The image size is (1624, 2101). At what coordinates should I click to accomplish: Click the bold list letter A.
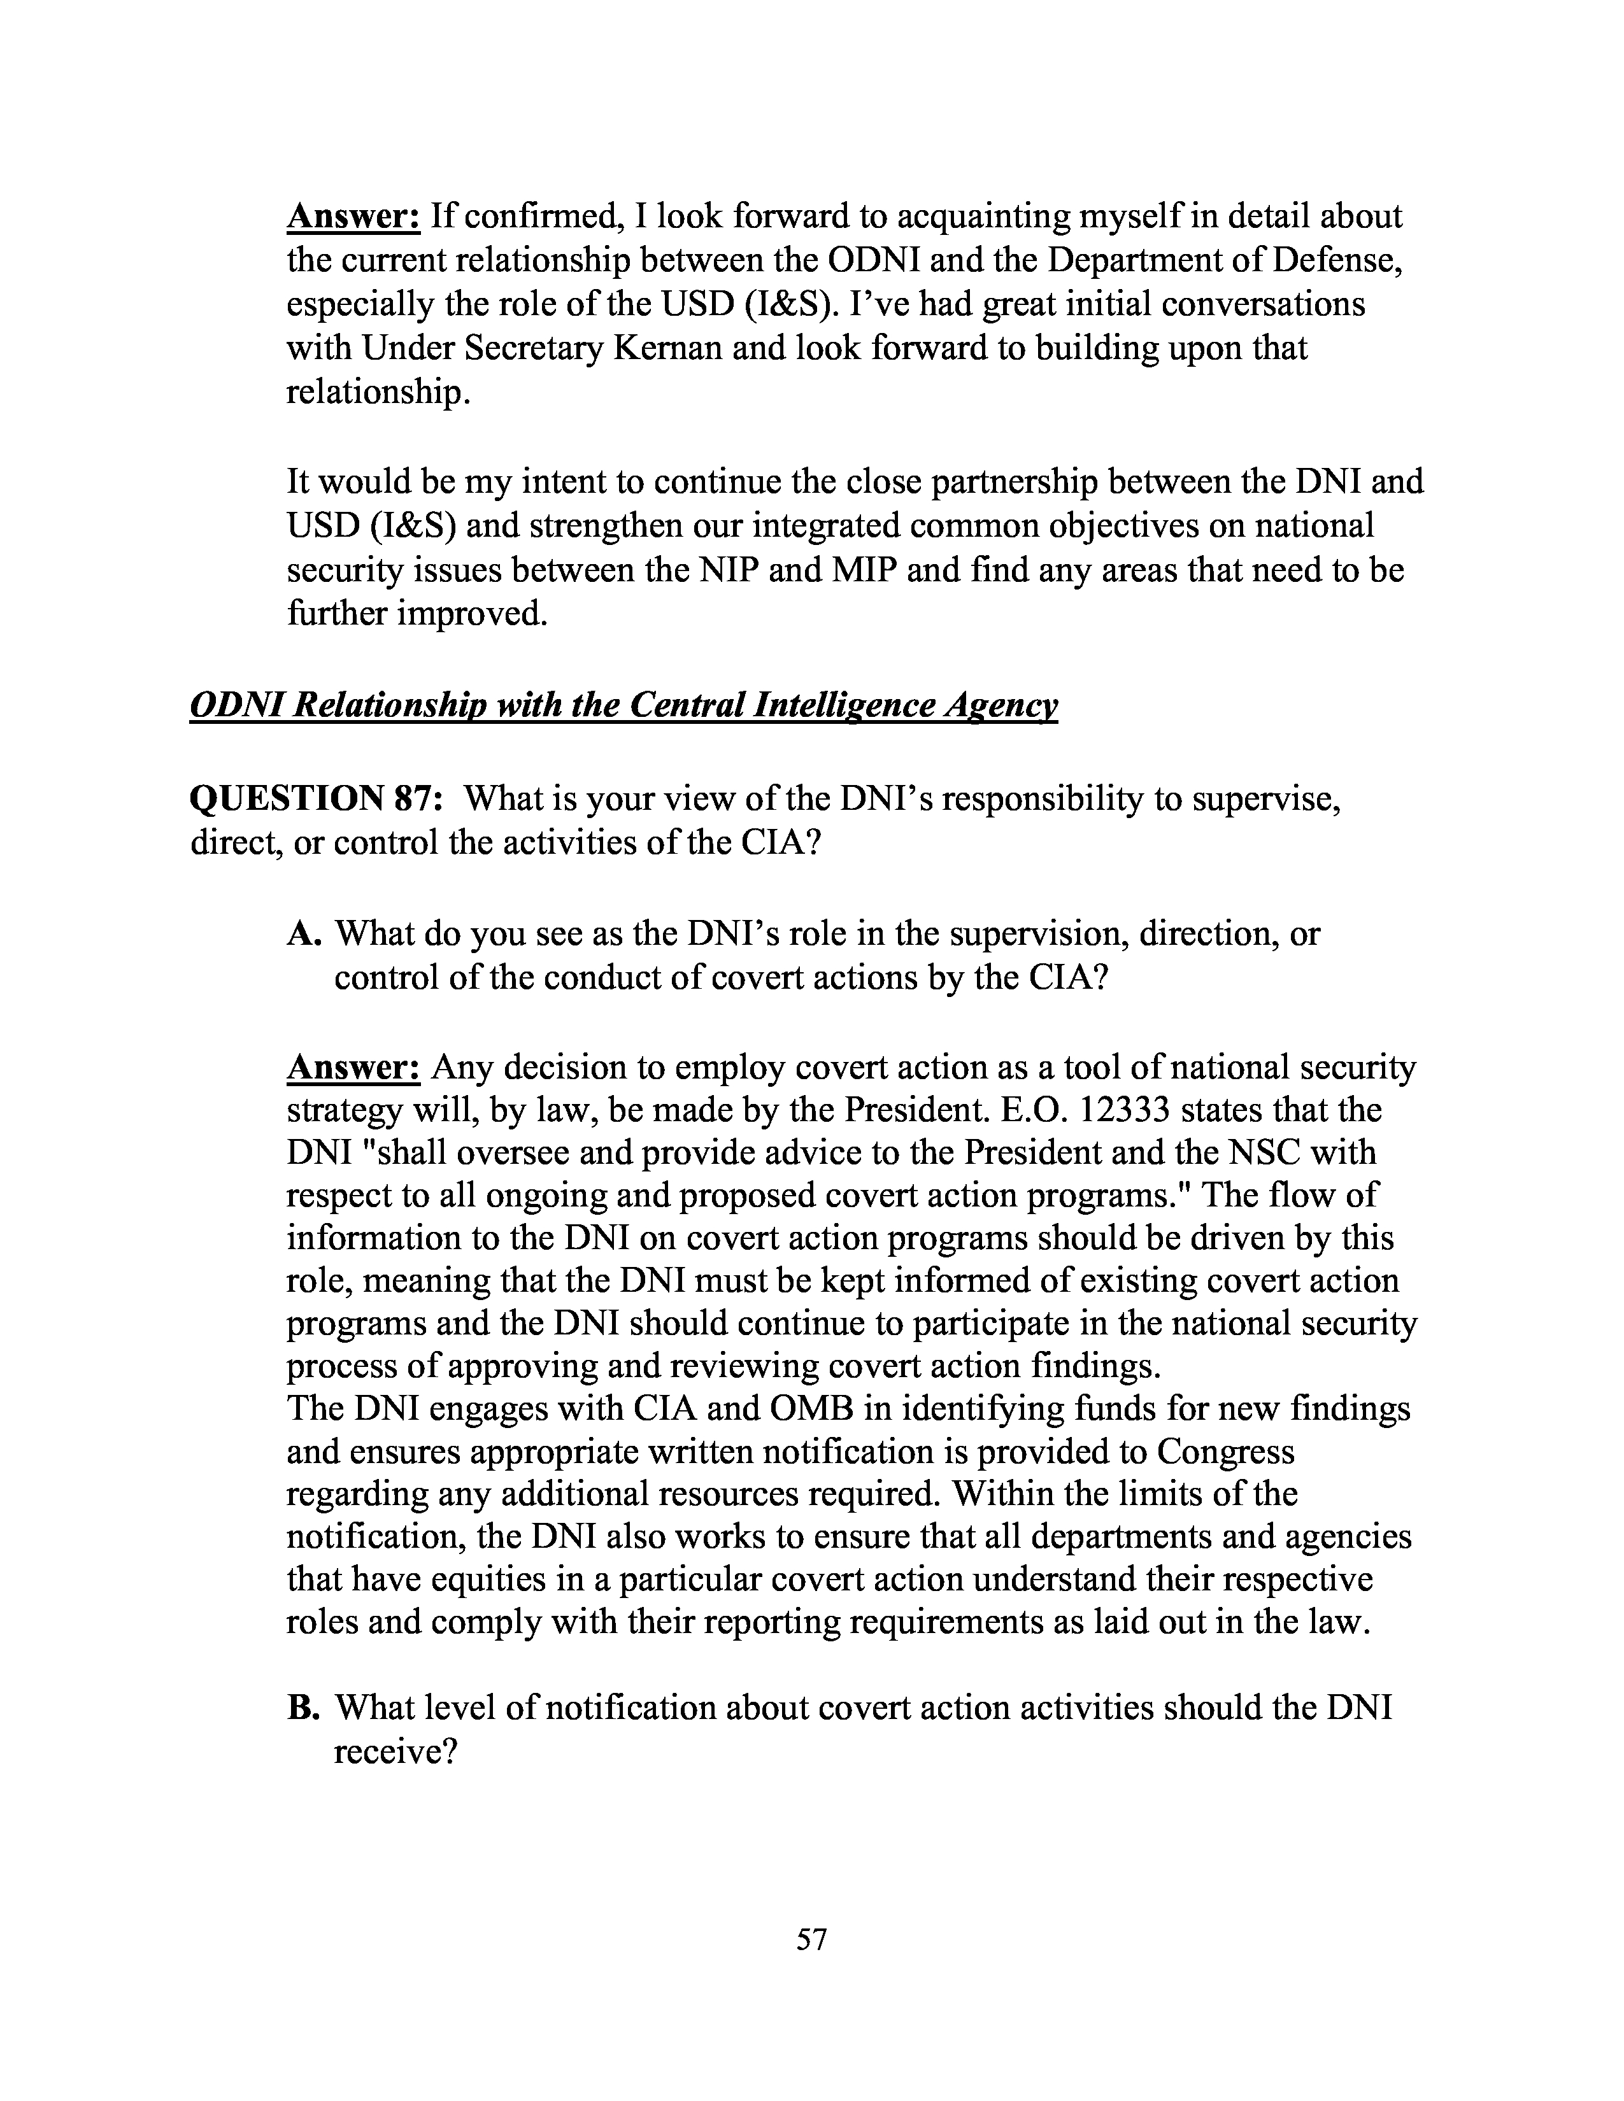303,933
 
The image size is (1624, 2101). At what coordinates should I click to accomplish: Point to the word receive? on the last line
394,1752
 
